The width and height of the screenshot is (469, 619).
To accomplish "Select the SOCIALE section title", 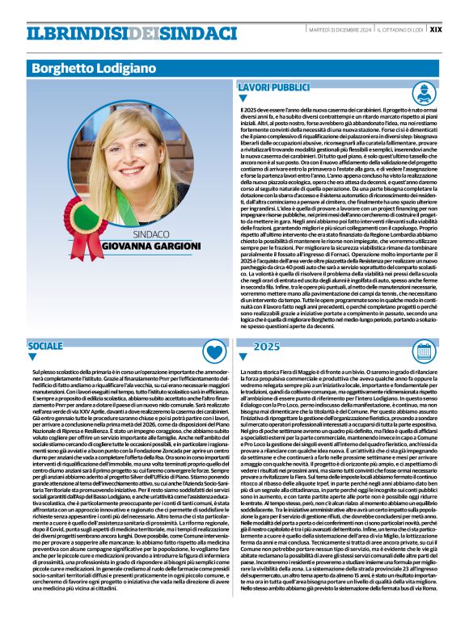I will (44, 345).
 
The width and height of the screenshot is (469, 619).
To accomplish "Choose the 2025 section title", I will (266, 345).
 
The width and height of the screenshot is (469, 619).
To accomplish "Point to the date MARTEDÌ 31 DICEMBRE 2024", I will (339, 29).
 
